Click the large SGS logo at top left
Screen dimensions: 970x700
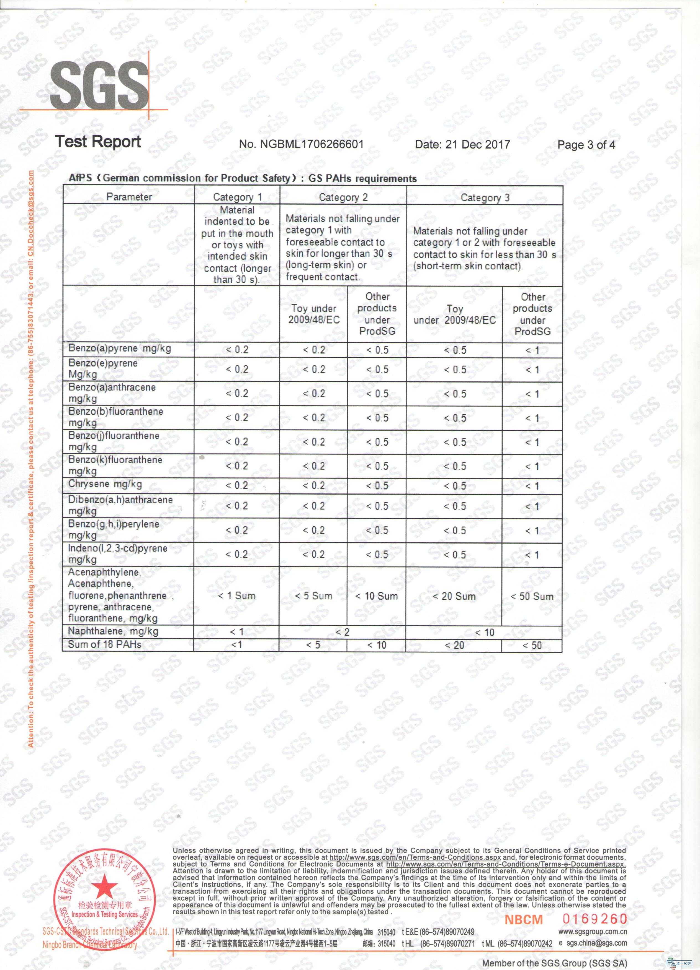click(x=99, y=85)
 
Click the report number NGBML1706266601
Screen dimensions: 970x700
click(x=301, y=144)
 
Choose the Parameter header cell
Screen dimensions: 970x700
click(x=129, y=197)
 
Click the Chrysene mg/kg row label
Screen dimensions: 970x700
click(x=105, y=484)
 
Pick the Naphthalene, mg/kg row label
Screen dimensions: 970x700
click(x=113, y=631)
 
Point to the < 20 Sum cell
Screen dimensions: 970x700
click(x=454, y=596)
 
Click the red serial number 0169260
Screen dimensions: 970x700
click(x=595, y=919)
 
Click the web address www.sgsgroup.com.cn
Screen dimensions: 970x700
click(x=593, y=932)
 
